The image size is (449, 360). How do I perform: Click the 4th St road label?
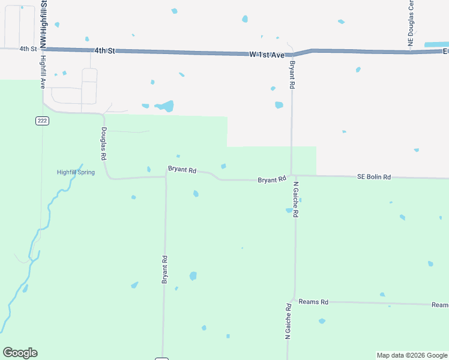[28, 49]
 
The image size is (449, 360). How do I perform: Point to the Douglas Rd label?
[104, 144]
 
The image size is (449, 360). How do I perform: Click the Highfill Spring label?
[76, 172]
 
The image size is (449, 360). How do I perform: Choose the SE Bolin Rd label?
[374, 177]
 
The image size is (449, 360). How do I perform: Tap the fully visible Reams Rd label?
[313, 302]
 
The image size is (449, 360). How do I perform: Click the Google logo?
[20, 353]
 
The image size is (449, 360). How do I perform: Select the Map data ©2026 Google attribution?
[412, 355]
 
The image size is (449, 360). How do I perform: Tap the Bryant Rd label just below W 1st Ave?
[292, 75]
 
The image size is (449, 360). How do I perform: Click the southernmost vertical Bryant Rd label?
[164, 269]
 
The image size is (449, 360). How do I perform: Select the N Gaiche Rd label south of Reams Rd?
[288, 322]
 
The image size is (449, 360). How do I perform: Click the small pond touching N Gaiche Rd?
[289, 211]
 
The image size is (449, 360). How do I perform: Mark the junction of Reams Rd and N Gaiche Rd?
[294, 299]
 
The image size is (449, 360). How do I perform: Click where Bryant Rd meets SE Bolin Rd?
[292, 176]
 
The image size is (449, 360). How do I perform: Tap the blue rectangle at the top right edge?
[436, 44]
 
